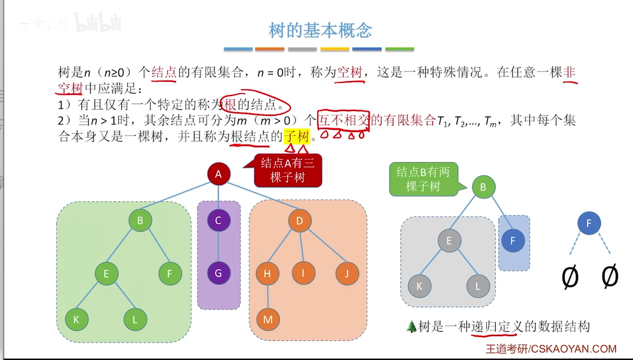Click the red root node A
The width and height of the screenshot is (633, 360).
pyautogui.click(x=219, y=174)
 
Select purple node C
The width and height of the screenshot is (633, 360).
pyautogui.click(x=219, y=220)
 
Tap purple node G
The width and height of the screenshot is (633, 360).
pyautogui.click(x=219, y=273)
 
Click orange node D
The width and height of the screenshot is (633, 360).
pyautogui.click(x=300, y=221)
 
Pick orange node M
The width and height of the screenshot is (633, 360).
pyautogui.click(x=268, y=319)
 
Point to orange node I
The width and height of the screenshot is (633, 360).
pyautogui.click(x=303, y=273)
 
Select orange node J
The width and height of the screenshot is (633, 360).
pyautogui.click(x=347, y=273)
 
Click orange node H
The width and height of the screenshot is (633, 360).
pyautogui.click(x=268, y=274)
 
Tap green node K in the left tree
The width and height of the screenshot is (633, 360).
pyautogui.click(x=76, y=319)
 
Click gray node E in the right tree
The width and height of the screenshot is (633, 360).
pyautogui.click(x=449, y=241)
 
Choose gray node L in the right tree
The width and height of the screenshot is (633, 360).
pyautogui.click(x=478, y=287)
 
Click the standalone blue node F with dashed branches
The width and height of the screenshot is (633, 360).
pyautogui.click(x=589, y=223)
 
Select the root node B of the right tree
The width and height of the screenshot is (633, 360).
pyautogui.click(x=483, y=187)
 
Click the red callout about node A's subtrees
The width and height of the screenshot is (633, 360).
pyautogui.click(x=288, y=169)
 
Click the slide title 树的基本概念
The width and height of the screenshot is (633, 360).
pyautogui.click(x=320, y=30)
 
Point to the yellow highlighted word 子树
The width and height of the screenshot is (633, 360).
pyautogui.click(x=297, y=137)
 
